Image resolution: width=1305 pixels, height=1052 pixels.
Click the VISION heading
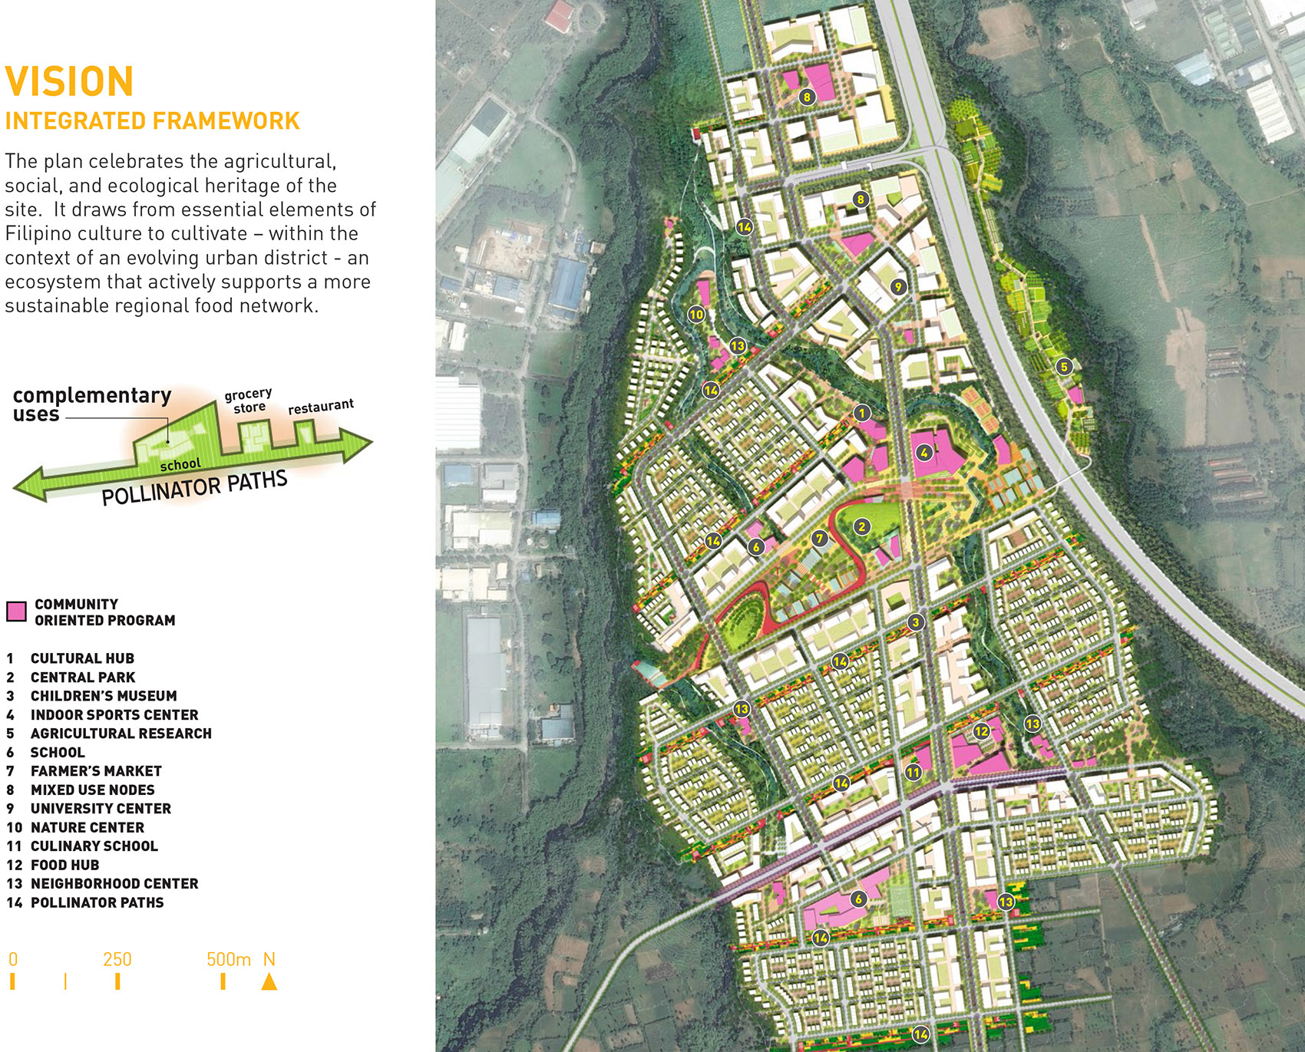pyautogui.click(x=69, y=81)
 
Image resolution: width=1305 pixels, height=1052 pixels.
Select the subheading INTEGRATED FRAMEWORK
pyautogui.click(x=152, y=121)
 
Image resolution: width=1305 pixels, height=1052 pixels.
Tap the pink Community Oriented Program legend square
pyautogui.click(x=16, y=612)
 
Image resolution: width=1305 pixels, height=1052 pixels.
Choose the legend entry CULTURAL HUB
pyautogui.click(x=82, y=658)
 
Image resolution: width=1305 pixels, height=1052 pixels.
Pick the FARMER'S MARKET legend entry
pyautogui.click(x=96, y=771)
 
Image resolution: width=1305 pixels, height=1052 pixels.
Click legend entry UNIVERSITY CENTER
pyautogui.click(x=101, y=809)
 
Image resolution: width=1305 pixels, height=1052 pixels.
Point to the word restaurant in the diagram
pyautogui.click(x=321, y=406)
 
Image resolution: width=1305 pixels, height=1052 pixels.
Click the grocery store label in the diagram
pyautogui.click(x=249, y=401)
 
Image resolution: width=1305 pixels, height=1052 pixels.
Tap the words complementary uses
pyautogui.click(x=91, y=404)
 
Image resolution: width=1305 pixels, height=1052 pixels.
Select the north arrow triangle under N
pyautogui.click(x=269, y=981)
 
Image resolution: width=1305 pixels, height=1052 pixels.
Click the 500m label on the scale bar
pyautogui.click(x=228, y=960)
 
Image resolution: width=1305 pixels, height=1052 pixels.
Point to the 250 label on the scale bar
pyautogui.click(x=117, y=960)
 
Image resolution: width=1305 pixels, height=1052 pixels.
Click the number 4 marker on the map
pyautogui.click(x=924, y=453)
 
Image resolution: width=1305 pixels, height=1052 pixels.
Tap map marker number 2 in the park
pyautogui.click(x=862, y=526)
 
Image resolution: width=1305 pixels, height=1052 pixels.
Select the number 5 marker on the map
pyautogui.click(x=1064, y=366)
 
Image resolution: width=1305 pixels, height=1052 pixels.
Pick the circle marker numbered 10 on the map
pyautogui.click(x=696, y=314)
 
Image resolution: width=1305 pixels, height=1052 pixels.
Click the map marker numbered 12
pyautogui.click(x=982, y=731)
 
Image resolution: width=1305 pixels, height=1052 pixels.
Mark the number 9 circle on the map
pyautogui.click(x=898, y=287)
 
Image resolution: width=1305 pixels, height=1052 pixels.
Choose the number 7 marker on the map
pyautogui.click(x=820, y=539)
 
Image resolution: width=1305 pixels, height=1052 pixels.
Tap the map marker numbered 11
pyautogui.click(x=913, y=773)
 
